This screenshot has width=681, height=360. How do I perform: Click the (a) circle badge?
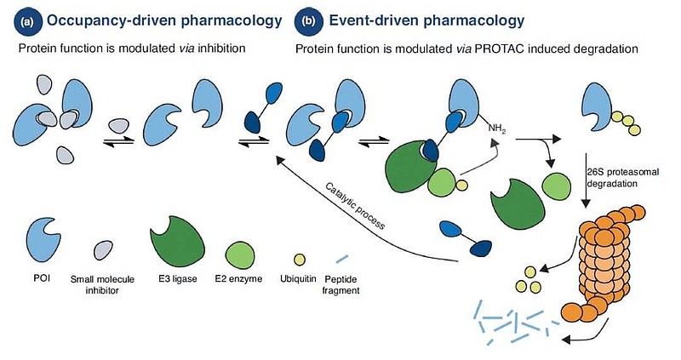pyautogui.click(x=28, y=20)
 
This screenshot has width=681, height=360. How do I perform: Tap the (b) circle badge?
pyautogui.click(x=308, y=20)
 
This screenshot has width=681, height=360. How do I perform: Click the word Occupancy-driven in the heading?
pyautogui.click(x=112, y=20)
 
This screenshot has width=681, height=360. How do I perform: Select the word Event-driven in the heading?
pyautogui.click(x=373, y=20)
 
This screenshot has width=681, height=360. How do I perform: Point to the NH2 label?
pyautogui.click(x=497, y=129)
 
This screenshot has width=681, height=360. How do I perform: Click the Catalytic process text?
pyautogui.click(x=355, y=206)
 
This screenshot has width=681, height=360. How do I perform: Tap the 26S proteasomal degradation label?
pyautogui.click(x=622, y=178)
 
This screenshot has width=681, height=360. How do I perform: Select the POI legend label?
pyautogui.click(x=42, y=277)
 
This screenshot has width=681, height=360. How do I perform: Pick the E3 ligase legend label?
pyautogui.click(x=177, y=279)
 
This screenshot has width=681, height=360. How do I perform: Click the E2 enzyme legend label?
pyautogui.click(x=238, y=279)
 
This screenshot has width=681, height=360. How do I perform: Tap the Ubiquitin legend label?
pyautogui.click(x=297, y=279)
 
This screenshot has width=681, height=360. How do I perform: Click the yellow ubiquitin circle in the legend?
pyautogui.click(x=300, y=260)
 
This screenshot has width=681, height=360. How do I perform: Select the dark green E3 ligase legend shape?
pyautogui.click(x=177, y=241)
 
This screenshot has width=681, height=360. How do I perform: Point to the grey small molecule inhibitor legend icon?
pyautogui.click(x=103, y=250)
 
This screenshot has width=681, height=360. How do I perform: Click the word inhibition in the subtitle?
pyautogui.click(x=221, y=48)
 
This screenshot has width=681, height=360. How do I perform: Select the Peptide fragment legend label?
pyautogui.click(x=341, y=285)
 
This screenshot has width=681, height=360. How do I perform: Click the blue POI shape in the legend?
pyautogui.click(x=43, y=240)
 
